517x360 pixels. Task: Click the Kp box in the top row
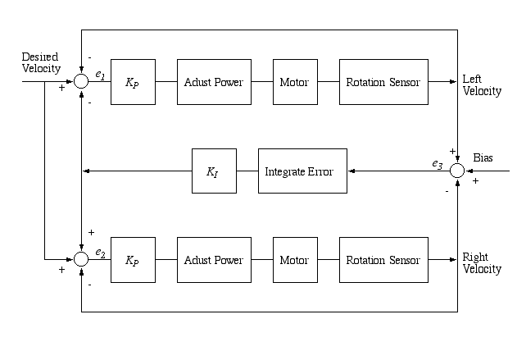click(132, 82)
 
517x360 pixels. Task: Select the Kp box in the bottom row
click(132, 260)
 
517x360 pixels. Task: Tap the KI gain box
click(214, 171)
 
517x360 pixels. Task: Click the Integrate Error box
click(302, 171)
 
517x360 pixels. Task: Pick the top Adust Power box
click(214, 82)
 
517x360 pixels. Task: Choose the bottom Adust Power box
click(214, 260)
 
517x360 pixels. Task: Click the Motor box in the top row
click(295, 82)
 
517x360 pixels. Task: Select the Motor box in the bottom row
click(295, 260)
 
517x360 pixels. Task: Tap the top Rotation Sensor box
click(383, 82)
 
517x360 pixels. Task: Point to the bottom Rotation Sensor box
click(383, 260)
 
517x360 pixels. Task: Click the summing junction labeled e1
click(81, 81)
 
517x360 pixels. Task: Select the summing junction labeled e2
click(81, 259)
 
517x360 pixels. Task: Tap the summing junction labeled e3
click(457, 171)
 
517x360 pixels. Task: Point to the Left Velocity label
click(482, 85)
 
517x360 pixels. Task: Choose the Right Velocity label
click(482, 263)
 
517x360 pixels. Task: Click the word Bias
click(483, 157)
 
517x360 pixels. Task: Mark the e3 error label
click(438, 164)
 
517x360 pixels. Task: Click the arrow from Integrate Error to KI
click(247, 171)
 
